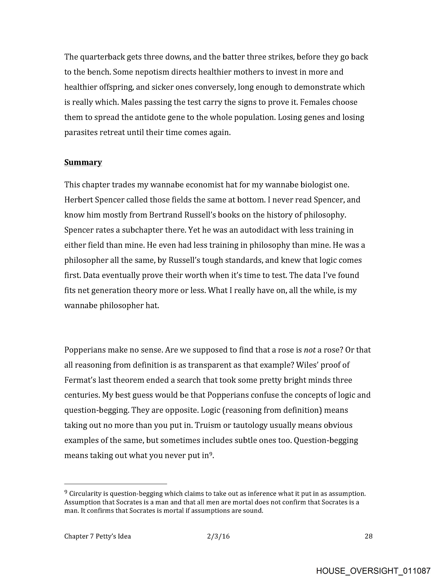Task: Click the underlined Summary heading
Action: (83, 162)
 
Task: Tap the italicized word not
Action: (310, 350)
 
